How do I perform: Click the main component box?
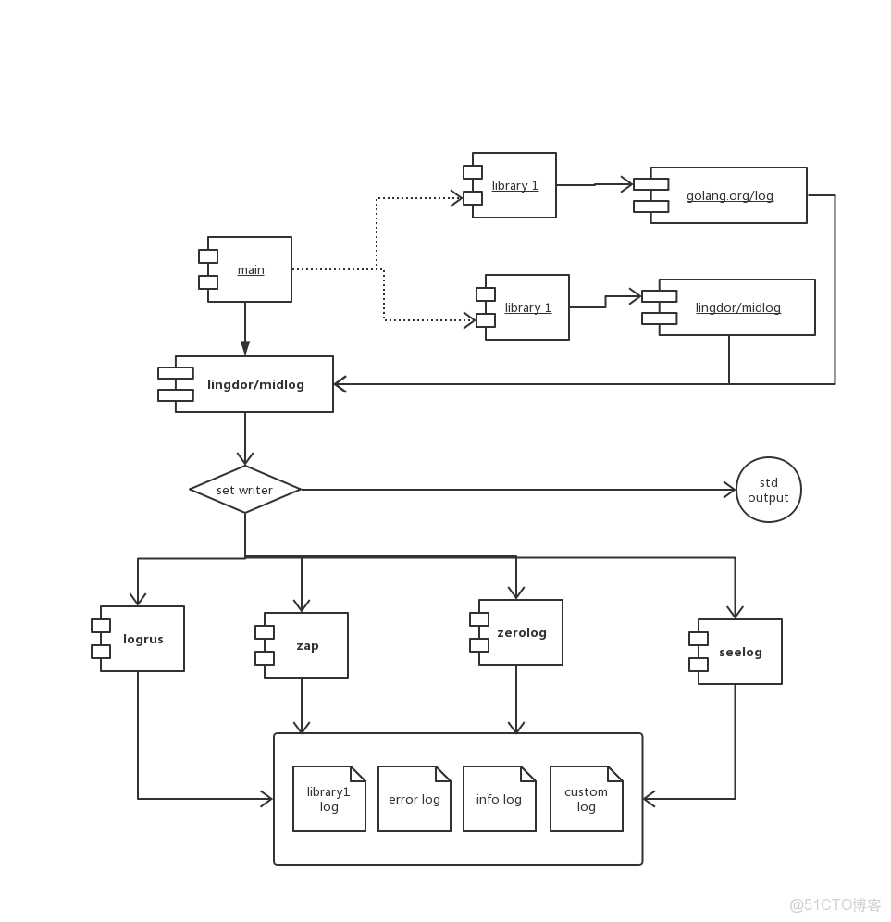249,269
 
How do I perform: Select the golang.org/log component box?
728,195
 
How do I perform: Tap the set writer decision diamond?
245,490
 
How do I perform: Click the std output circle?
768,490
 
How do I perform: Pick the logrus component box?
142,639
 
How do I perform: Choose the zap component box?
306,645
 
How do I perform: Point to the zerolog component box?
520,632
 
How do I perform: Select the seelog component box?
739,652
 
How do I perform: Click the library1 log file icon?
328,799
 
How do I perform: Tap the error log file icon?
414,799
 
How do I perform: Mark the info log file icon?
499,799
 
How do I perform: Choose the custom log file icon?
586,799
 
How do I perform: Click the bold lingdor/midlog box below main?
254,384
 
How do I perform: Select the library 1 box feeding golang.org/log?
514,185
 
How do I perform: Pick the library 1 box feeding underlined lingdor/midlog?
526,307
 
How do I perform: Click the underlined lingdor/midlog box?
736,307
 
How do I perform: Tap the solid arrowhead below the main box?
245,348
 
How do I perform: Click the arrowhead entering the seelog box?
735,612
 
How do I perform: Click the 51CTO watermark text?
835,903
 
